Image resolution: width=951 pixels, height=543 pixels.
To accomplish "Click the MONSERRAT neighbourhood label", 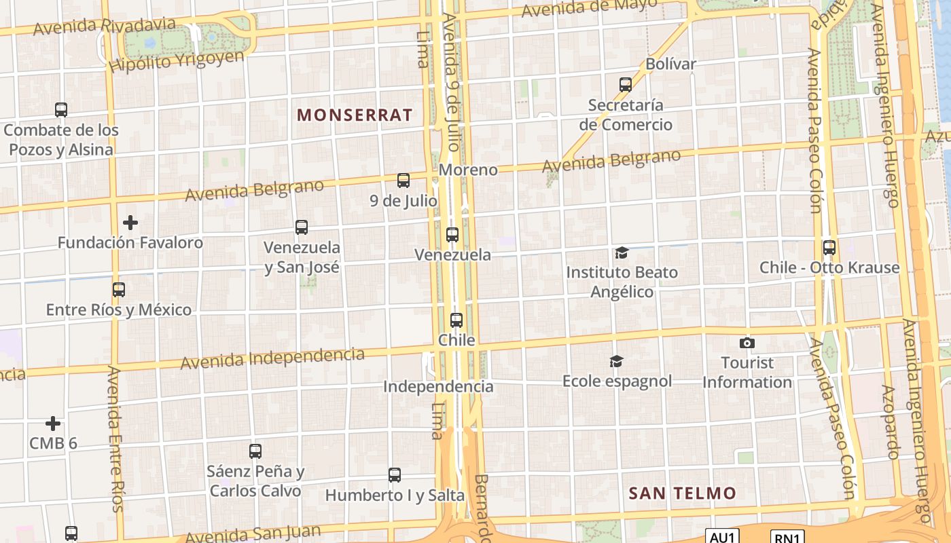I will point(355,115).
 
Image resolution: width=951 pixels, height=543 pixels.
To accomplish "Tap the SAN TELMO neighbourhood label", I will point(682,493).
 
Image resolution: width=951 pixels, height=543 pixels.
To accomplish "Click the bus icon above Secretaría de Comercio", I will point(626,85).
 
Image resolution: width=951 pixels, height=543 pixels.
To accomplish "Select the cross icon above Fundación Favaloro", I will point(130,222).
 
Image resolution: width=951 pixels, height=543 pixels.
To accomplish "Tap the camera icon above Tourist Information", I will point(747,343).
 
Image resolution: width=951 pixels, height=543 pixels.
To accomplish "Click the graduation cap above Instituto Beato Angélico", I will point(622,253).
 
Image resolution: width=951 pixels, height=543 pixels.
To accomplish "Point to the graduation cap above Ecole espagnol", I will point(616,361).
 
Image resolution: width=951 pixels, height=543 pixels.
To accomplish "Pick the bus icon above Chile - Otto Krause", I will point(829,248).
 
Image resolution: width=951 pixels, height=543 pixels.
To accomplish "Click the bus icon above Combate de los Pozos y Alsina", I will point(61,109).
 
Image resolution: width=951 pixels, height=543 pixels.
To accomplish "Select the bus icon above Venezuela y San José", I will point(302,227).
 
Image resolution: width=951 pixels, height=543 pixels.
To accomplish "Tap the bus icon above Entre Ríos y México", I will point(119,290).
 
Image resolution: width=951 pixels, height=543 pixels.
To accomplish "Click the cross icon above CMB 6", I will point(53,424).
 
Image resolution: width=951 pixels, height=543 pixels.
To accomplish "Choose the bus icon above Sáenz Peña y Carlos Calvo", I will point(255,451).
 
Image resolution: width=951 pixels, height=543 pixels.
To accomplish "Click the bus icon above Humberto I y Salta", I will point(395,475).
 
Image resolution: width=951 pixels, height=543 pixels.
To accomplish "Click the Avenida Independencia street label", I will point(272,358).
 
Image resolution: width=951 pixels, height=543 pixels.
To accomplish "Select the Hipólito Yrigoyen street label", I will point(176,61).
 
